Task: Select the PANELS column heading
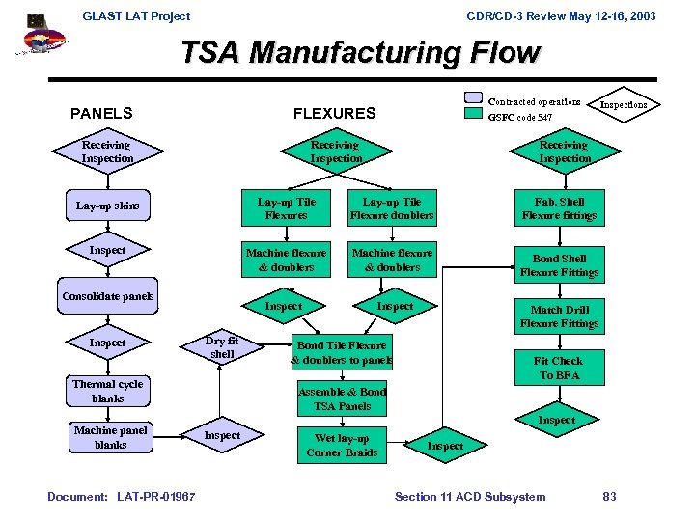point(101,113)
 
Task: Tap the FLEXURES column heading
point(334,113)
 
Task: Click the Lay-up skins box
point(108,206)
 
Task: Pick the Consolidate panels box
point(108,296)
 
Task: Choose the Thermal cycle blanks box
point(108,391)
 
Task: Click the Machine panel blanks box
point(110,437)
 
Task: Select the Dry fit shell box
point(222,347)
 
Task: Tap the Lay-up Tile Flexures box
point(287,208)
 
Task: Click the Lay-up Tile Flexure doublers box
point(391,208)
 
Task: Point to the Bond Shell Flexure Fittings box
point(559,265)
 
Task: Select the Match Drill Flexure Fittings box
point(559,316)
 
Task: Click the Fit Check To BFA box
point(559,368)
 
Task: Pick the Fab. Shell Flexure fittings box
point(559,208)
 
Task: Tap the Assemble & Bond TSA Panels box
point(342,398)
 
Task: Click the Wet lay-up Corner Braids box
point(342,445)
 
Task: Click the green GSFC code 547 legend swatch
point(473,114)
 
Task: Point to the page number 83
point(609,497)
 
